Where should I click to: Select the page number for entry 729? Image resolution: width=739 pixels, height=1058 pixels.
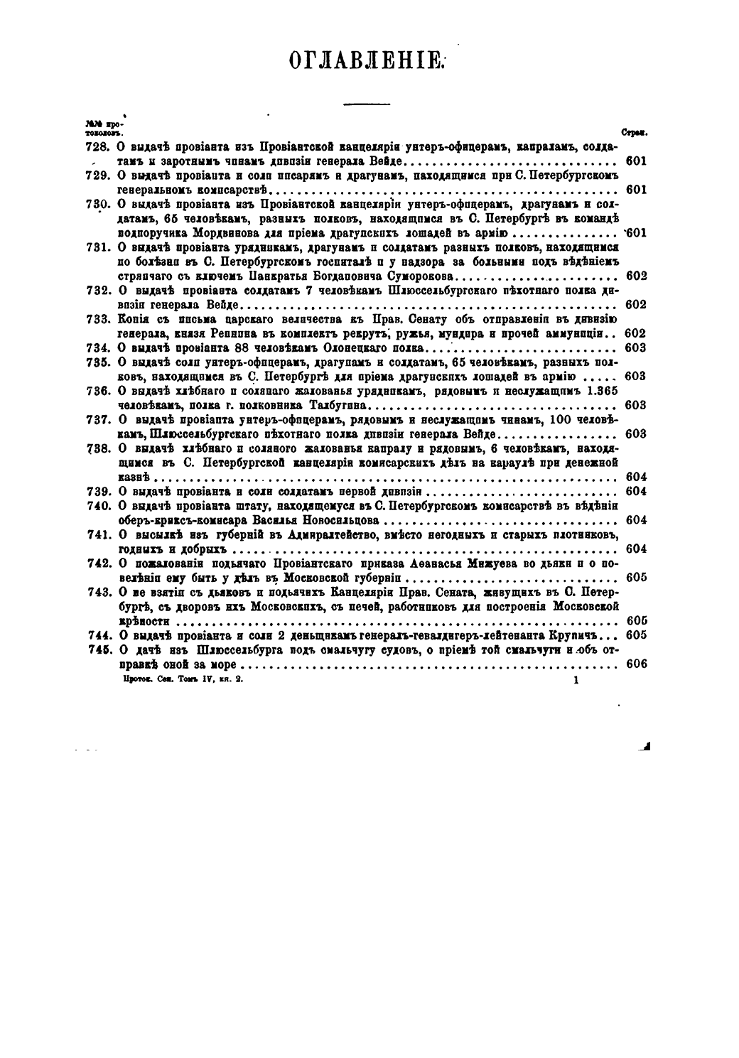pos(636,190)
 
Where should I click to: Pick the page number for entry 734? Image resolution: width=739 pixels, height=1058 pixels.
pos(636,347)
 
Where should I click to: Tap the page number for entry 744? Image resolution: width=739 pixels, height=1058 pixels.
pos(636,635)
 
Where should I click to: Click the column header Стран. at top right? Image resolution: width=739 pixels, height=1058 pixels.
pos(632,132)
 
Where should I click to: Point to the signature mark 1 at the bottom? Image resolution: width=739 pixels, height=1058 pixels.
pos(575,680)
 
